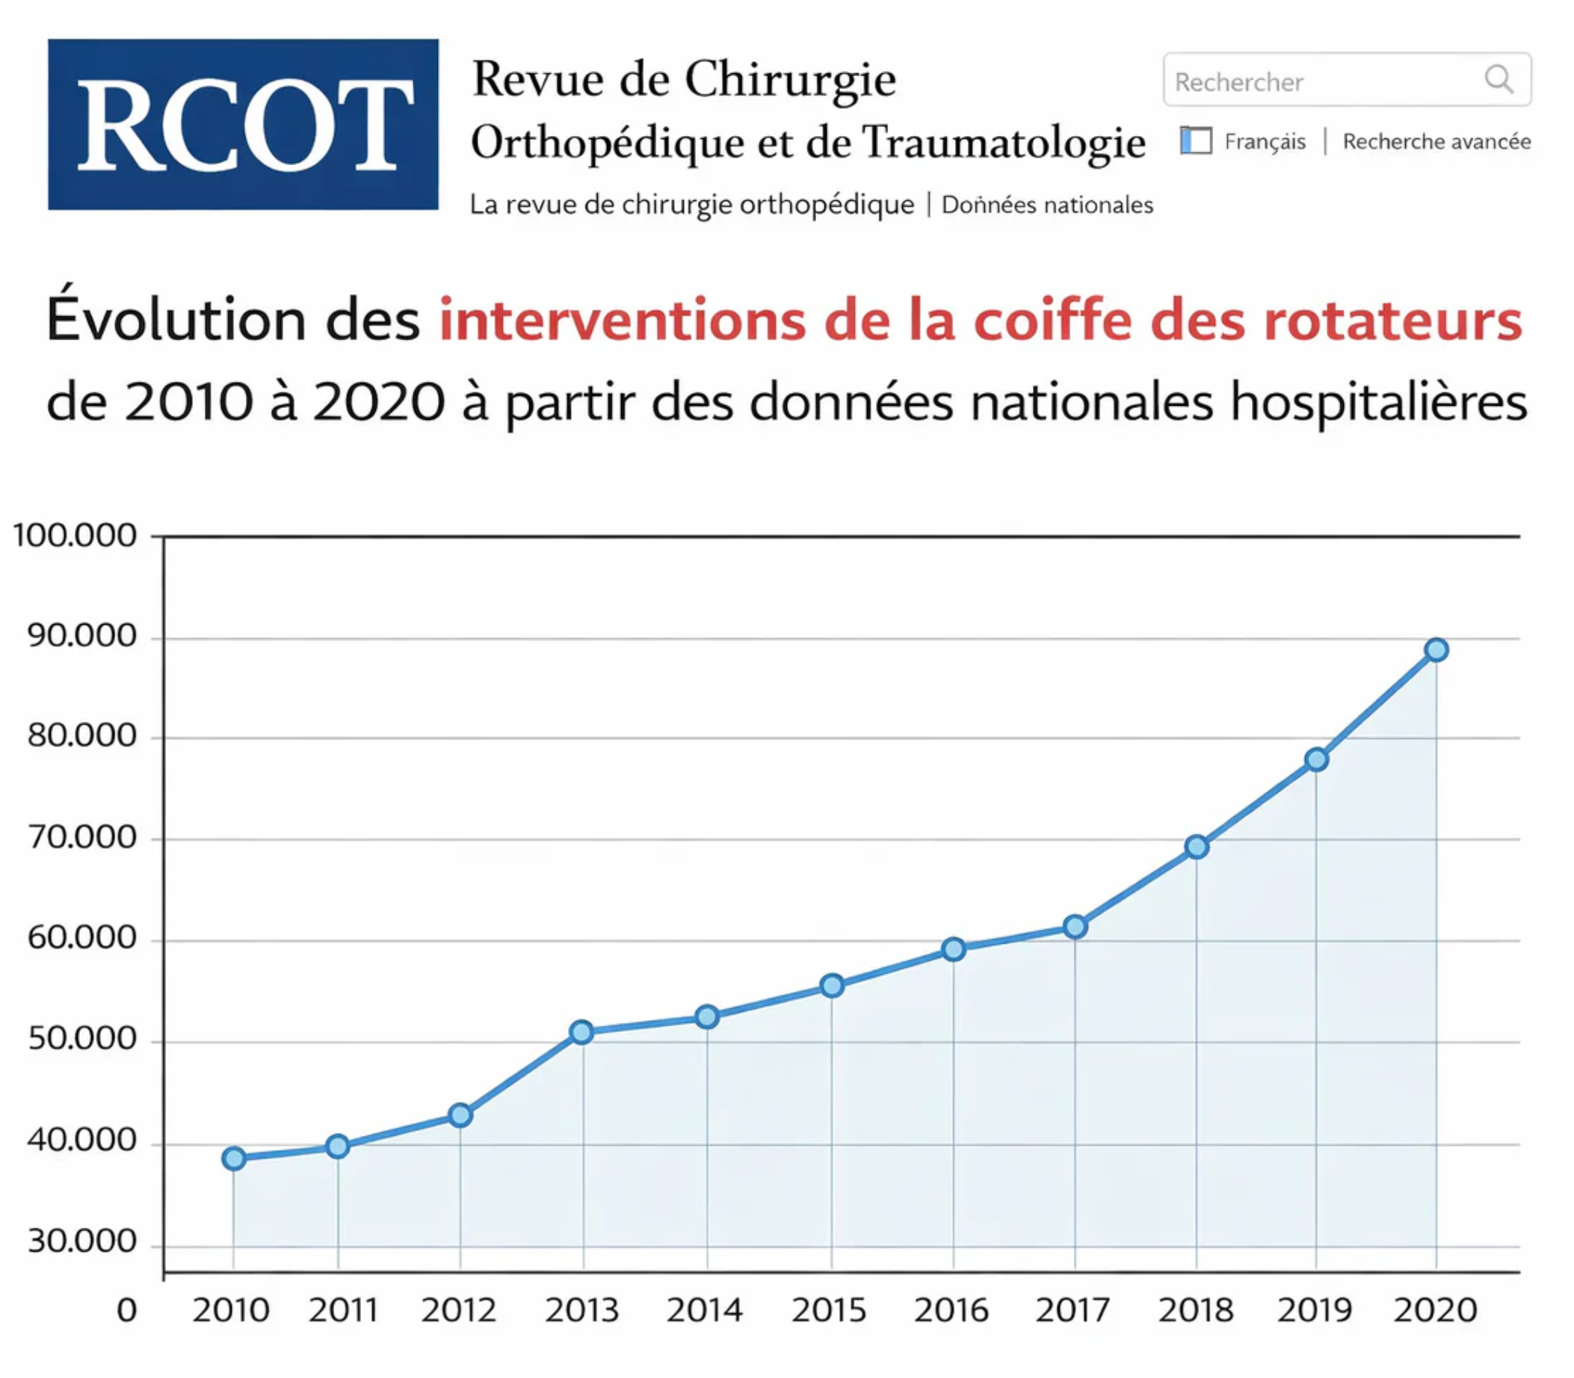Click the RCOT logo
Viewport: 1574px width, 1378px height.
[x=243, y=125]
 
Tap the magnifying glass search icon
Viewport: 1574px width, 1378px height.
[x=1498, y=79]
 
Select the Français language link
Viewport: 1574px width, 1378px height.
[x=1264, y=141]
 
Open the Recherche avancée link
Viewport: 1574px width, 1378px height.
[x=1436, y=141]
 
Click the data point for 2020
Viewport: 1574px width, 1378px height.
[x=1436, y=650]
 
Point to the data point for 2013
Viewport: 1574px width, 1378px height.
[x=582, y=1031]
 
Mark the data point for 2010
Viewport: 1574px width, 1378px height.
[x=234, y=1158]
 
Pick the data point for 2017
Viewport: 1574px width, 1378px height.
[x=1075, y=927]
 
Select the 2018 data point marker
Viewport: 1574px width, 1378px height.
[x=1197, y=847]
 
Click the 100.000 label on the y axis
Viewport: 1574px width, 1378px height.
[x=75, y=535]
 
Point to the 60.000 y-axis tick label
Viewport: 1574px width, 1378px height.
[x=81, y=937]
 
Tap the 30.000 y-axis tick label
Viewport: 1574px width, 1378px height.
[x=81, y=1241]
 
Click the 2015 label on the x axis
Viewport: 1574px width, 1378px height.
[x=829, y=1310]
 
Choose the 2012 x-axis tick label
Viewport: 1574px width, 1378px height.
[x=458, y=1310]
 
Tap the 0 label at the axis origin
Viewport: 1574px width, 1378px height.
[x=127, y=1310]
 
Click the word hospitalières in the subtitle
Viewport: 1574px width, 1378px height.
[x=1378, y=403]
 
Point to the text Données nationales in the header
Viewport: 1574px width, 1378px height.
[x=1046, y=205]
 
